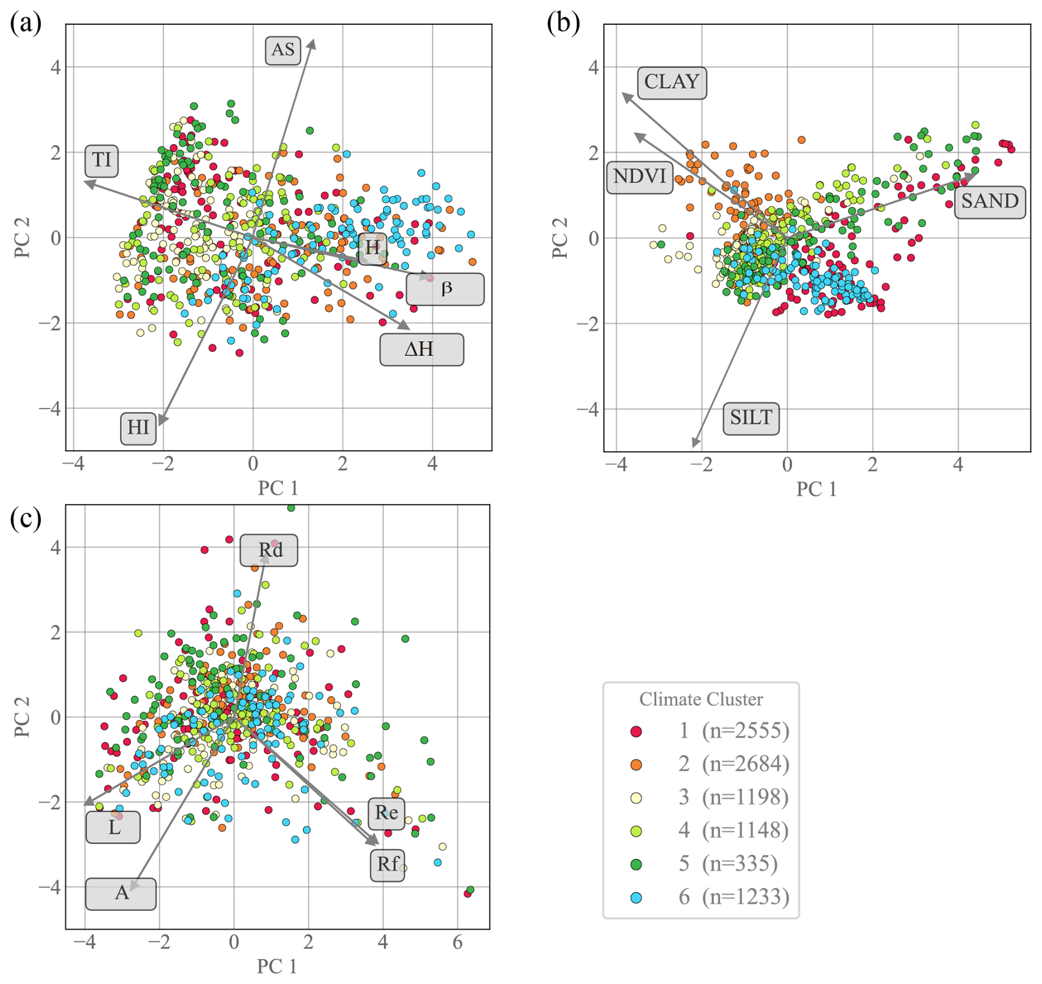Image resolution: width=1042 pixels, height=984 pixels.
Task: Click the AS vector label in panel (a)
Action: click(x=283, y=50)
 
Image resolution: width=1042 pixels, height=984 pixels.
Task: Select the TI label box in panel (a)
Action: click(x=102, y=161)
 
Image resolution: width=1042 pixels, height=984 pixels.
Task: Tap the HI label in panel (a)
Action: click(x=138, y=428)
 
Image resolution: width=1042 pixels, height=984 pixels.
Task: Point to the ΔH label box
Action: click(x=421, y=349)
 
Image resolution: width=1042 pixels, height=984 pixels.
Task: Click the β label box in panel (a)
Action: click(x=445, y=289)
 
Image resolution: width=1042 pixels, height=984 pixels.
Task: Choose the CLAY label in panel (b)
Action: click(x=671, y=83)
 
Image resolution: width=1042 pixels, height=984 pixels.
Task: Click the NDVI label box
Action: click(x=639, y=177)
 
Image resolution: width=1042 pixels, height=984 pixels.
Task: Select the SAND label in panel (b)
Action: click(x=990, y=202)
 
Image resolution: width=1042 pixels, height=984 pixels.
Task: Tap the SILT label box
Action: click(x=751, y=418)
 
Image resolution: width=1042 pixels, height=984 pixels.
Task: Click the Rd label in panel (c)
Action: click(x=269, y=550)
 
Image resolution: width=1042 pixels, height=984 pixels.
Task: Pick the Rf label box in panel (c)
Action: click(x=387, y=865)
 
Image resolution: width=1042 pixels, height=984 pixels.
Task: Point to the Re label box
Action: click(x=386, y=813)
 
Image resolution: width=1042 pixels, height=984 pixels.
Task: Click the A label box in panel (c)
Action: click(x=121, y=893)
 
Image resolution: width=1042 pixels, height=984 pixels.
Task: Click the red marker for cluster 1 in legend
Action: click(x=636, y=731)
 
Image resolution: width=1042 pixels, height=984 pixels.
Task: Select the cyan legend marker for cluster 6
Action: click(x=636, y=898)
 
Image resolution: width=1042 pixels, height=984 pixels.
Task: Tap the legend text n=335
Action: click(x=740, y=864)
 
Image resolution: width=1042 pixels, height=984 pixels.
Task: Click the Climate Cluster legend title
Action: click(x=701, y=699)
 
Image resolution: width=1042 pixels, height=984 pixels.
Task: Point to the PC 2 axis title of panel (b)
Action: click(x=560, y=238)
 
